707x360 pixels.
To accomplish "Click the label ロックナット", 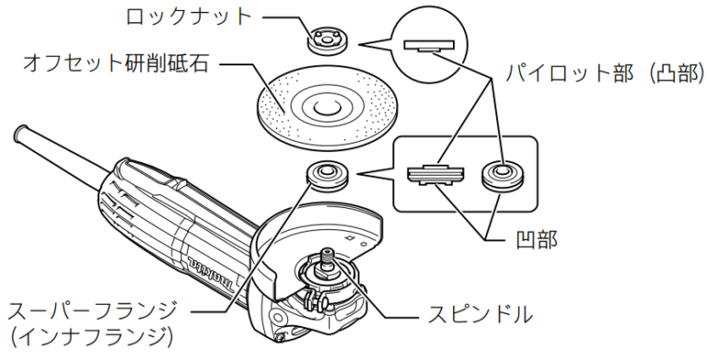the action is pos(189,17).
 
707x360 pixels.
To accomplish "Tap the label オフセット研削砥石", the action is pos(116,64).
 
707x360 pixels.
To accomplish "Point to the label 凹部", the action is pos(537,239).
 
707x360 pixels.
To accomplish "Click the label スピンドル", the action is pos(481,314).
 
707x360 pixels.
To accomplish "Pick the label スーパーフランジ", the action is pos(92,311).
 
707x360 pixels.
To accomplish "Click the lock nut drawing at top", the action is pos(325,41).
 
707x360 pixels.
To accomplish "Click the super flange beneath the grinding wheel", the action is pos(328,177).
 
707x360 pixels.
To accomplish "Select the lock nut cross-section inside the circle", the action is pos(428,46).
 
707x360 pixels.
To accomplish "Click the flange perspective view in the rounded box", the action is pos(502,176).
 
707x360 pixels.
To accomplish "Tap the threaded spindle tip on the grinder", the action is pos(328,257).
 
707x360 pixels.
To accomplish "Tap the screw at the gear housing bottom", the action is pos(282,335).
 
